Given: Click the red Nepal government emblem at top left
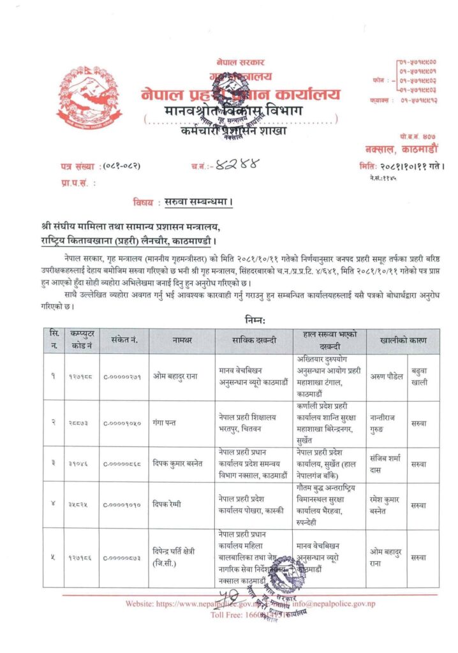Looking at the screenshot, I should tap(88, 103).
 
